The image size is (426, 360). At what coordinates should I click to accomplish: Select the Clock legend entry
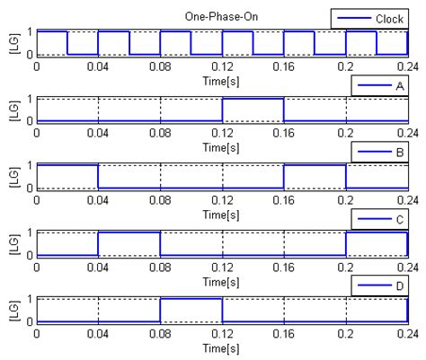pyautogui.click(x=369, y=17)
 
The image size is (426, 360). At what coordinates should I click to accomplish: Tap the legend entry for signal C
pyautogui.click(x=381, y=218)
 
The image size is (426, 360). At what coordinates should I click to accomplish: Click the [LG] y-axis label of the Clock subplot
pyautogui.click(x=12, y=43)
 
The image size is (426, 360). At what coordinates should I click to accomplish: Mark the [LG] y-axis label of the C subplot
pyautogui.click(x=12, y=244)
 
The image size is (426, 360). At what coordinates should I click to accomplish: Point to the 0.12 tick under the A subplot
pyautogui.click(x=222, y=132)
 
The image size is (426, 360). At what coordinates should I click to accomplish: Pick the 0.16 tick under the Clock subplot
pyautogui.click(x=284, y=65)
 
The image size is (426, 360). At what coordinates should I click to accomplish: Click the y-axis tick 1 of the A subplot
pyautogui.click(x=31, y=99)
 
